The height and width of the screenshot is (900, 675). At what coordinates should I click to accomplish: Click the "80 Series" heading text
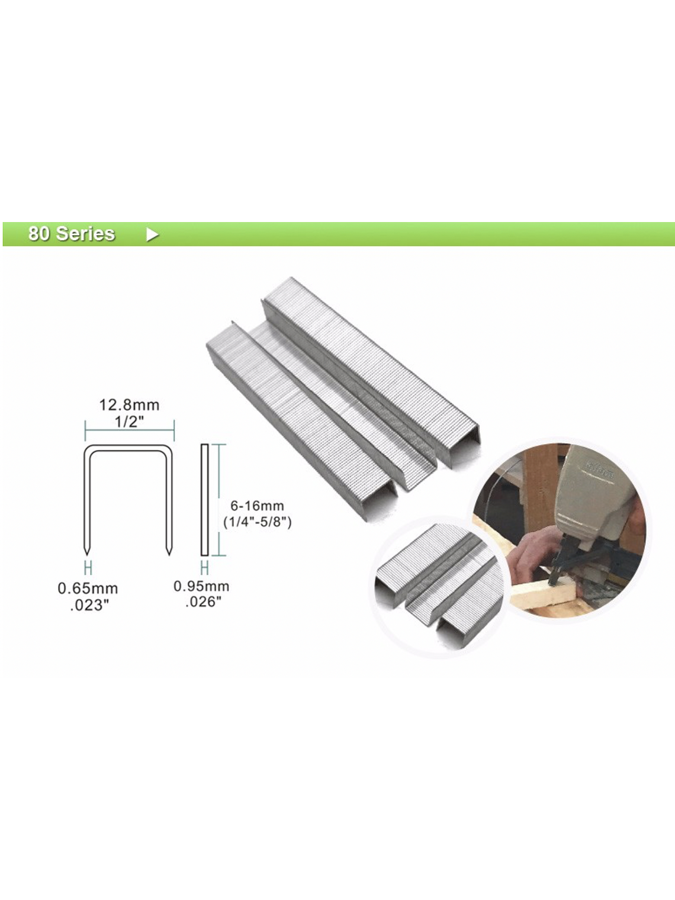[71, 233]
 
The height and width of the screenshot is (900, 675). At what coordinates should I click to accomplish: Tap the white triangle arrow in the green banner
[152, 234]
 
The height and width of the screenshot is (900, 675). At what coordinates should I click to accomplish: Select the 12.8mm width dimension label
[129, 405]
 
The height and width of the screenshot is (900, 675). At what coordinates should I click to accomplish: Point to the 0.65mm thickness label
[88, 589]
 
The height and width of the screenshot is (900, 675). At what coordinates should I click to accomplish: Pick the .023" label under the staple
[89, 605]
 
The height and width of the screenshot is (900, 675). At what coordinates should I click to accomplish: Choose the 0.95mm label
[201, 586]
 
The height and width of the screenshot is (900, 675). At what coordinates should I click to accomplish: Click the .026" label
[203, 602]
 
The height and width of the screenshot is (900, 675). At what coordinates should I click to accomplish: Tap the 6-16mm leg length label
[257, 506]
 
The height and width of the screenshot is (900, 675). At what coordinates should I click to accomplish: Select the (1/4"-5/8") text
[257, 522]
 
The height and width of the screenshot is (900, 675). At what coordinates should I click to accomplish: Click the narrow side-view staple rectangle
[204, 500]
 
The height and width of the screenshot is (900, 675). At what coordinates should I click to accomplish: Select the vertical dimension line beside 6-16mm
[220, 500]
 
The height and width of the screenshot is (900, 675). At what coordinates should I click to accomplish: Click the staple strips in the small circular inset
[435, 586]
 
